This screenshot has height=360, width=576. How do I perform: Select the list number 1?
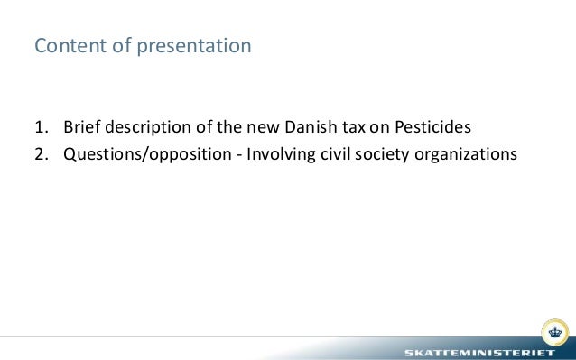pyautogui.click(x=40, y=126)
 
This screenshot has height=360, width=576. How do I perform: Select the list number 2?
pyautogui.click(x=40, y=153)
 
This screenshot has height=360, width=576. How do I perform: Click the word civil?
pyautogui.click(x=337, y=153)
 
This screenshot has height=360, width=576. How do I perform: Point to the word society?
pyautogui.click(x=385, y=153)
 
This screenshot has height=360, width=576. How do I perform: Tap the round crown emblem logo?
pyautogui.click(x=553, y=329)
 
